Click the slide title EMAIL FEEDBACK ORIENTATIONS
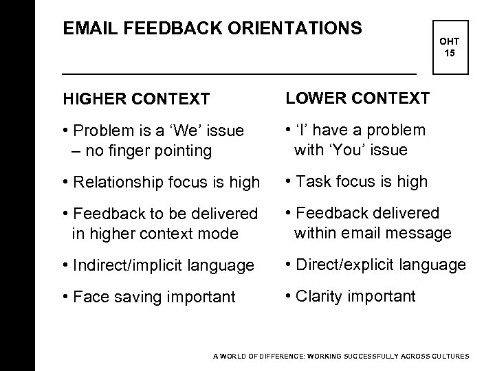[212, 28]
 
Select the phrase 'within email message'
[373, 233]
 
